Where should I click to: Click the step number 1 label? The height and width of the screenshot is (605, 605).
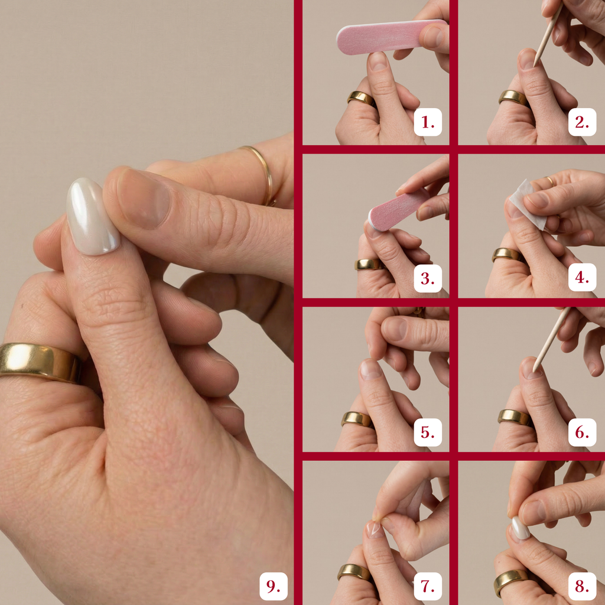tap(428, 122)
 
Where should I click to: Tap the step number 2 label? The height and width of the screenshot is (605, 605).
tap(582, 122)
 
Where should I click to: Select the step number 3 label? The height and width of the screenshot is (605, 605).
tap(428, 278)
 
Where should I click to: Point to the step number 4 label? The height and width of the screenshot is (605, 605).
tap(582, 277)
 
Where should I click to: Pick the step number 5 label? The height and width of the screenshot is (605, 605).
tap(428, 432)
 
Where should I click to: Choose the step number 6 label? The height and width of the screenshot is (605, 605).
tap(582, 432)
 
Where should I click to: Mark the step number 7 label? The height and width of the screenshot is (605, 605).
tap(428, 586)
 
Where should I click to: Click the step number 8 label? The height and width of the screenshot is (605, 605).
tap(582, 586)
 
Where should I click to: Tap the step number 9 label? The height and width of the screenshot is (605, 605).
tap(273, 586)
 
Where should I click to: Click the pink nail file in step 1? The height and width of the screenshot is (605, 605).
tap(386, 37)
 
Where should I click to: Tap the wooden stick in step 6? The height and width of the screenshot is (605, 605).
tap(551, 340)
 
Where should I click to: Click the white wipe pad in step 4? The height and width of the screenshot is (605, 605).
tap(526, 204)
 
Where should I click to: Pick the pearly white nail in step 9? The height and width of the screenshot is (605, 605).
tap(93, 216)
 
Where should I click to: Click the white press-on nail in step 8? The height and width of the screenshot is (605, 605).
tap(521, 528)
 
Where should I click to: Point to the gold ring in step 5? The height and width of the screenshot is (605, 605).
tap(357, 419)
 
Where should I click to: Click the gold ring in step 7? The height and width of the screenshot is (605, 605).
tap(354, 572)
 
